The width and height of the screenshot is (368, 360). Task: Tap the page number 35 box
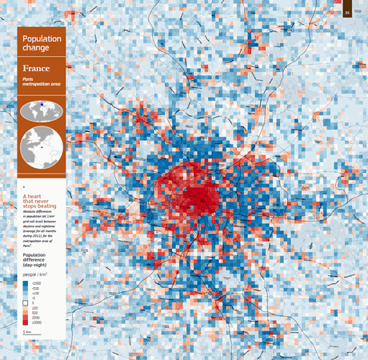point(347,12)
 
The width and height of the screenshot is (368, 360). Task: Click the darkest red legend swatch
point(26,320)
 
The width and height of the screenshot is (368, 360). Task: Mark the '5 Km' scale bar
point(28,330)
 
